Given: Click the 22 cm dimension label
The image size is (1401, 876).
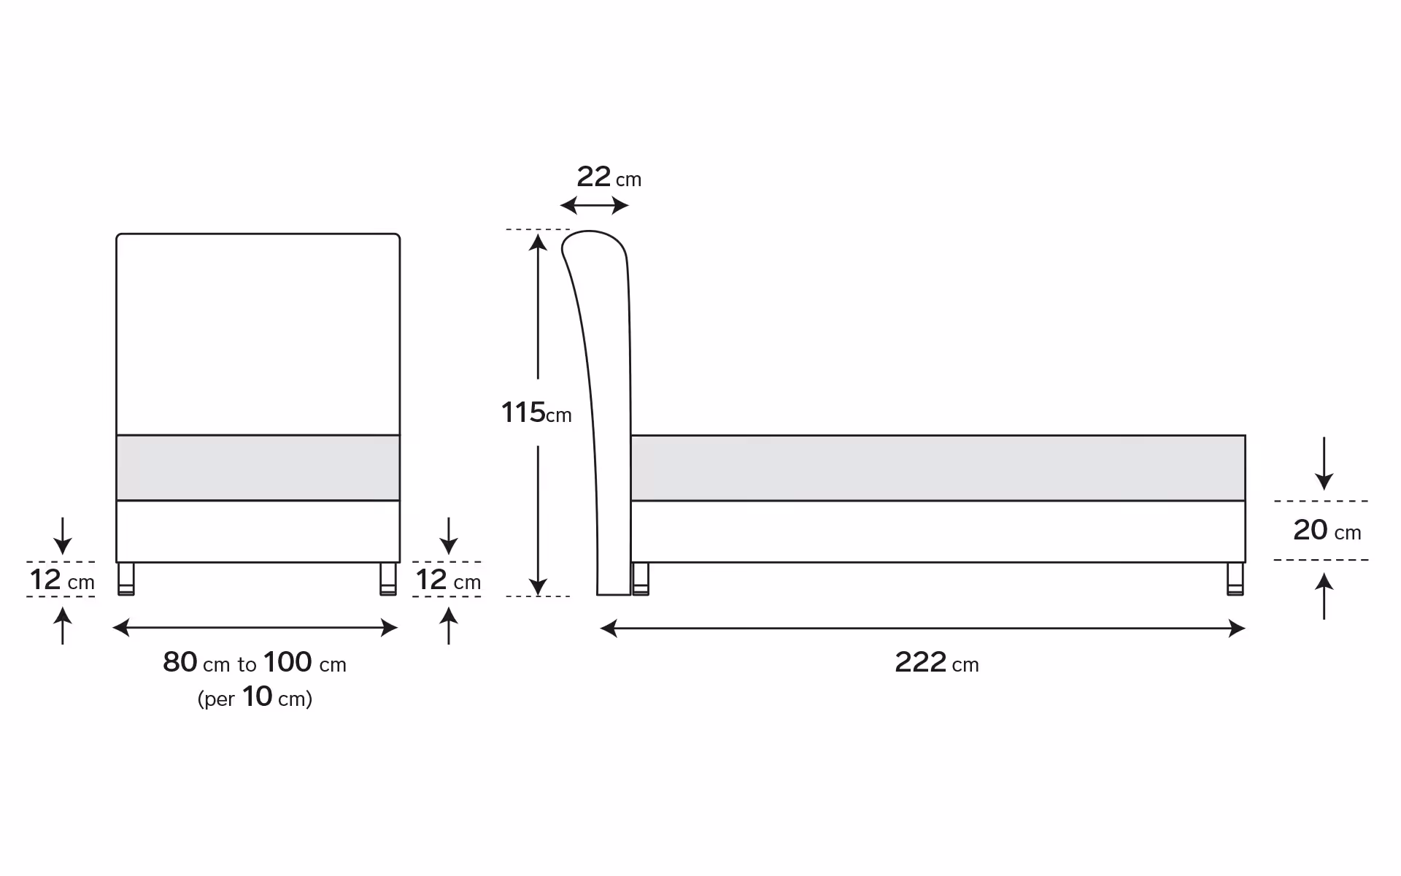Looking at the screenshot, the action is click(609, 177).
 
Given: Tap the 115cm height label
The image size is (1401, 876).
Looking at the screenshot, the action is click(536, 413).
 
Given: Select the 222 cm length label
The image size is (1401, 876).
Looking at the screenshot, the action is click(937, 663).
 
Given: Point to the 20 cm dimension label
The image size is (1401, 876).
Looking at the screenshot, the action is click(1327, 531).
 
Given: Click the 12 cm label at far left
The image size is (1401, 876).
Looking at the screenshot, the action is click(62, 580).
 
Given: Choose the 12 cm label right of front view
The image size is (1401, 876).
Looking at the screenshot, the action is click(448, 580).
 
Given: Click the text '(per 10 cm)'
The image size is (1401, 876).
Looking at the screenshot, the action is click(255, 697).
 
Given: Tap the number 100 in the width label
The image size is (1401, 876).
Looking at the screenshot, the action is click(287, 662).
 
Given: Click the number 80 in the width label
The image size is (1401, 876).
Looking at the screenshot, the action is click(180, 662).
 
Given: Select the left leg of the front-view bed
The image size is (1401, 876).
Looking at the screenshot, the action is click(126, 579).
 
